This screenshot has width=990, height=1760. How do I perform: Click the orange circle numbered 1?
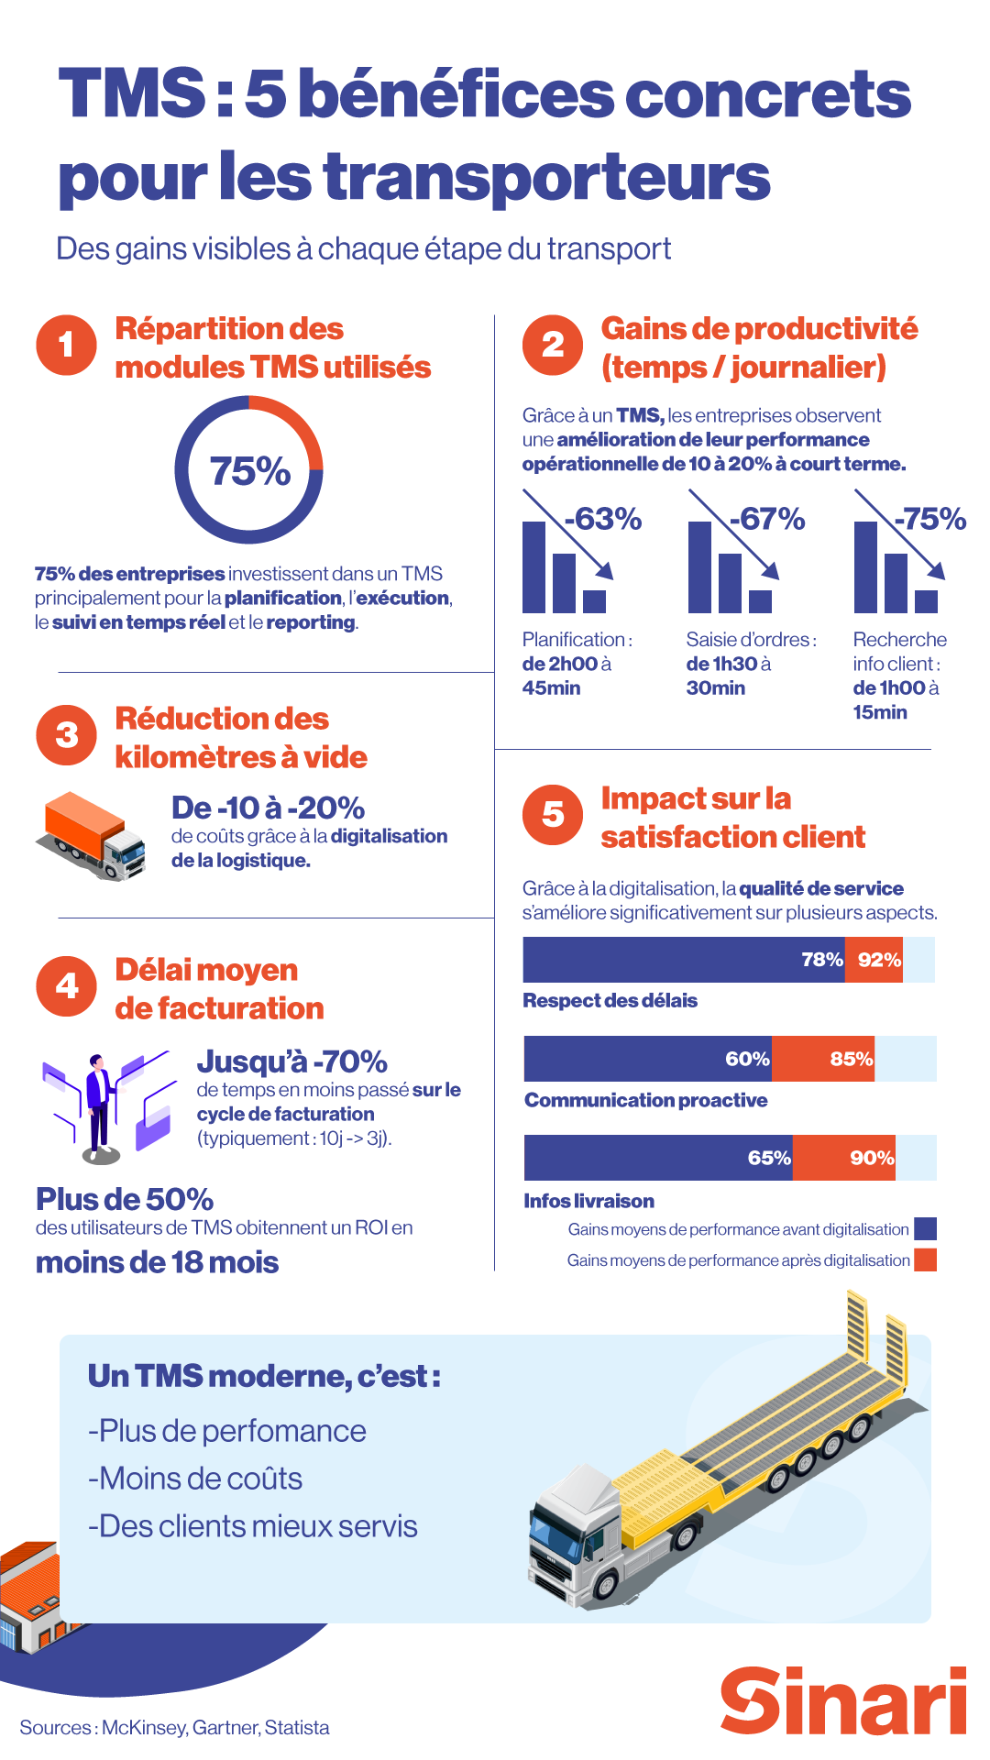[66, 346]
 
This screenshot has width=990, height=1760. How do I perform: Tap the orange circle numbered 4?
[66, 986]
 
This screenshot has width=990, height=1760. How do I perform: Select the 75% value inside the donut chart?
[249, 471]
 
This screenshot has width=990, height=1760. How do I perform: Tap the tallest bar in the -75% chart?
[865, 566]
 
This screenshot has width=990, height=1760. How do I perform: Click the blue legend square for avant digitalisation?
[926, 1228]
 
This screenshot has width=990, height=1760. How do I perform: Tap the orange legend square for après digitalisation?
[926, 1259]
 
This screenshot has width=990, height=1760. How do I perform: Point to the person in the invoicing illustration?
[98, 1105]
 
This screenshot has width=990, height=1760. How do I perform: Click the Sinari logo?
[842, 1701]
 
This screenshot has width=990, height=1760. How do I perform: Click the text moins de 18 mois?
[157, 1262]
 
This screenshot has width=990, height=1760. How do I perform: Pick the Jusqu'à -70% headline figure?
[291, 1061]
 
